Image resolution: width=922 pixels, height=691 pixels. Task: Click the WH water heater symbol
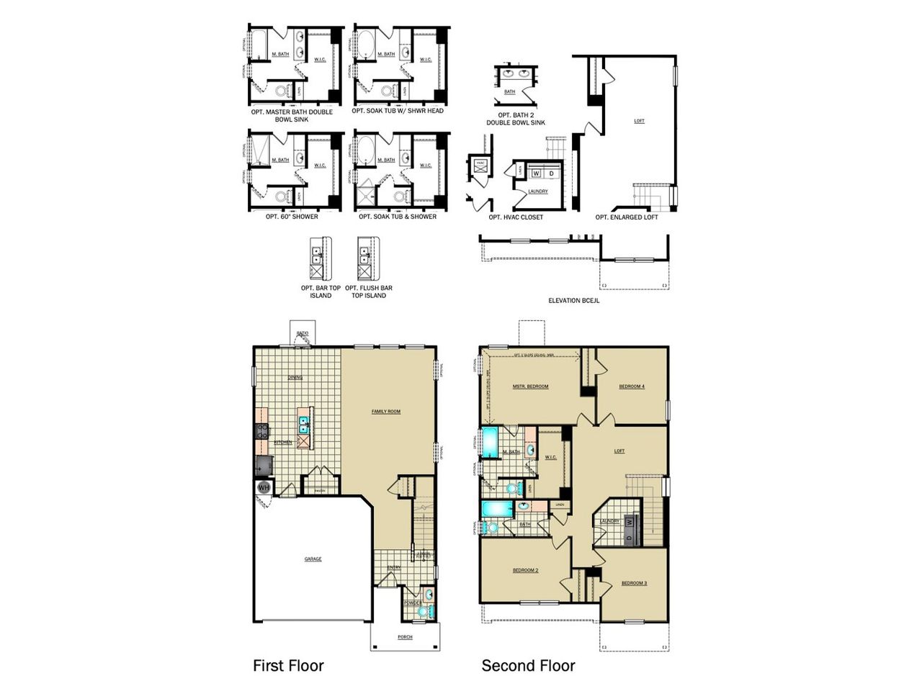click(263, 488)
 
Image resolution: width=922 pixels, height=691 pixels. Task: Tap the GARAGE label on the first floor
click(313, 559)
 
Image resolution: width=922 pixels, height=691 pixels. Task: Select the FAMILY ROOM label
click(385, 412)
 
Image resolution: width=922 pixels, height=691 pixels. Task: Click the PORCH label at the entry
click(405, 637)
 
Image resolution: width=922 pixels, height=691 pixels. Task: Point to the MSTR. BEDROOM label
click(530, 387)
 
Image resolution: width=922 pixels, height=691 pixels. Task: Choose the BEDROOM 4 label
click(632, 387)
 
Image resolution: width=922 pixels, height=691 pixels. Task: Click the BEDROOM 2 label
click(525, 570)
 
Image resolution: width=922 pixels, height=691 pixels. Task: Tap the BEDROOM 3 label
click(634, 582)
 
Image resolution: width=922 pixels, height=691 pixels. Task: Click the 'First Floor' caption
click(288, 666)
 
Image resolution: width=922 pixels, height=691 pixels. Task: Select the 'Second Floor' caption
click(528, 666)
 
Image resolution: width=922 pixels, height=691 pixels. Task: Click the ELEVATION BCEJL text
click(573, 301)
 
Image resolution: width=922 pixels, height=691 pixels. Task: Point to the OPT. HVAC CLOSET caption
click(515, 217)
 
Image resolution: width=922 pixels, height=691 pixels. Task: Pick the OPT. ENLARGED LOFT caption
click(627, 217)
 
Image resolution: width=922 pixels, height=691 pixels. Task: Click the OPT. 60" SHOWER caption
click(292, 217)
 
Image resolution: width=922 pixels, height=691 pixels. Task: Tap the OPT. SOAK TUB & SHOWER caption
click(398, 217)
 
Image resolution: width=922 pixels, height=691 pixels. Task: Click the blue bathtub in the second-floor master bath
click(490, 443)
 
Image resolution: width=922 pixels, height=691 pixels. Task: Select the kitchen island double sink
click(304, 423)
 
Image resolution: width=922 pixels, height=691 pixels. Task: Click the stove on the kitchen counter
click(261, 431)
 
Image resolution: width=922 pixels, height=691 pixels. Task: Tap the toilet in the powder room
click(423, 611)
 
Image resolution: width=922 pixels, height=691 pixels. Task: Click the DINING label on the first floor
click(295, 377)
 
